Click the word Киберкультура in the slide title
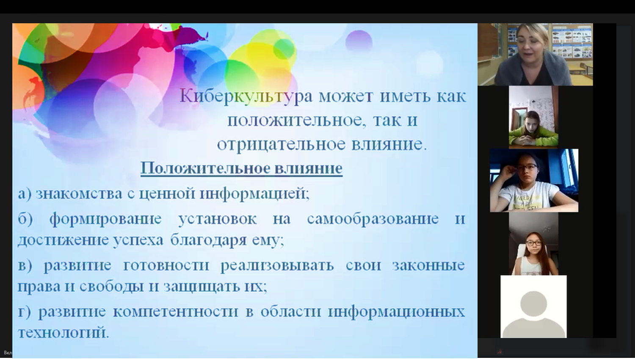(246, 96)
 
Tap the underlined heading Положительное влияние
(242, 168)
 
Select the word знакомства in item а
(79, 194)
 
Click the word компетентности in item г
(176, 312)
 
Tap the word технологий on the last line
(63, 332)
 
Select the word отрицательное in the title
(281, 144)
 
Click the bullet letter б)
(25, 219)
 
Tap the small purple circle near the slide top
(359, 41)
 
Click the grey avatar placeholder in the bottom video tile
(533, 314)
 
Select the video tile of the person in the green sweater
(533, 117)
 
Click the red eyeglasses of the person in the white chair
(533, 243)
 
